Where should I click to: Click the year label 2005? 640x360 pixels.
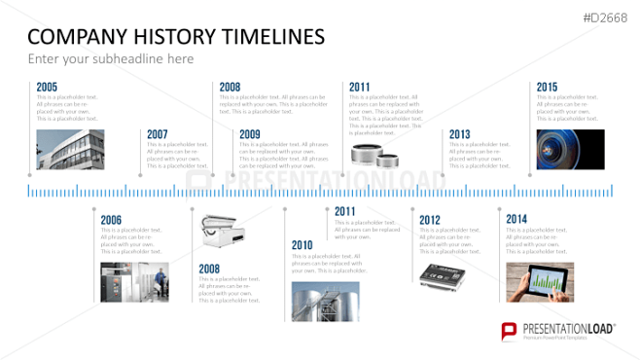point(47,87)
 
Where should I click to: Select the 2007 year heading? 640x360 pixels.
point(157,133)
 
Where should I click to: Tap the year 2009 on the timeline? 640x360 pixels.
point(249,133)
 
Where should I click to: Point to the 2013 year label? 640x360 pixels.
point(459,133)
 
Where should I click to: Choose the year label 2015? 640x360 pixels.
point(547,87)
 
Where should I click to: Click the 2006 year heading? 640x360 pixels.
point(111,219)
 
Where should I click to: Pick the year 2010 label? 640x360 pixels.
point(302,244)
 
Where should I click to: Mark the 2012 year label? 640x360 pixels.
point(429,219)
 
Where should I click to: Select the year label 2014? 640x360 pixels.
point(516,219)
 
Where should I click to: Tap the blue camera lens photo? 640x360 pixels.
point(570,150)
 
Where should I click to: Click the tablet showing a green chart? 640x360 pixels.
point(540,281)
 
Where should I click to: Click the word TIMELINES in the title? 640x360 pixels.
point(274,37)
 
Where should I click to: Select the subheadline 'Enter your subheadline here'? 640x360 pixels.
point(110,59)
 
